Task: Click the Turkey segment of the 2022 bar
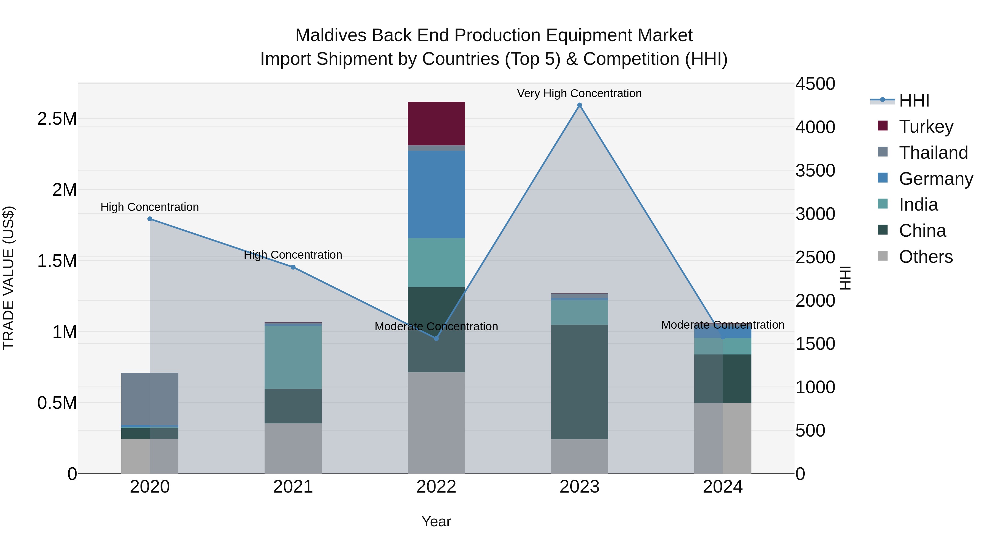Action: pos(436,124)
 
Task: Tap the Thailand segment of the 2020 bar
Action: pos(150,399)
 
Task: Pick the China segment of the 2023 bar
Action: pos(579,382)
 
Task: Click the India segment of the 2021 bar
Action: pos(293,357)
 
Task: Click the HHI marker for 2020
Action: pos(150,219)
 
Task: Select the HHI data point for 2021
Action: pos(293,267)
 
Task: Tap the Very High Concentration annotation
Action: pos(579,93)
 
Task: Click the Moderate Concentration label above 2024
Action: pos(723,325)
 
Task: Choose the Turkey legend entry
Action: pos(925,127)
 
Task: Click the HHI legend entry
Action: pos(914,100)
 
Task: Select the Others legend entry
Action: pos(925,257)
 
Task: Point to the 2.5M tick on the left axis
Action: pos(57,119)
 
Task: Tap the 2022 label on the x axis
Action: pos(436,487)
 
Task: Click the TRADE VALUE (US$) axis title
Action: pos(9,278)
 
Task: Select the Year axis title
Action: pos(436,521)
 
